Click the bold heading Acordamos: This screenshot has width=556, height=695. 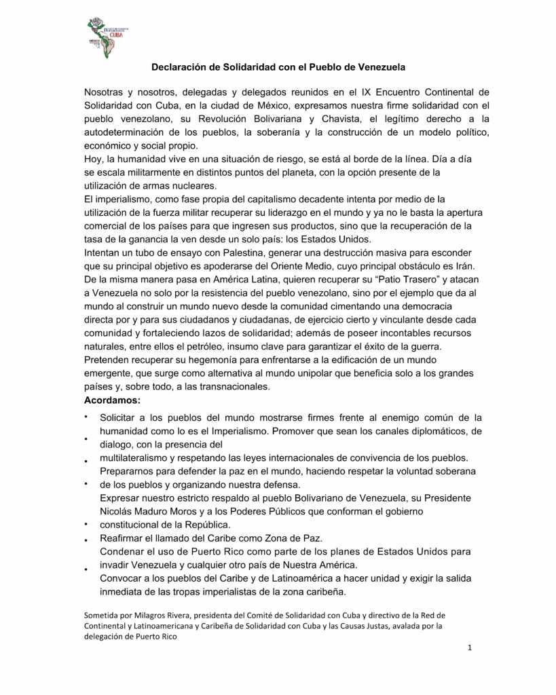(112, 400)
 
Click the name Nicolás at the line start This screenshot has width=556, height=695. (117, 511)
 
